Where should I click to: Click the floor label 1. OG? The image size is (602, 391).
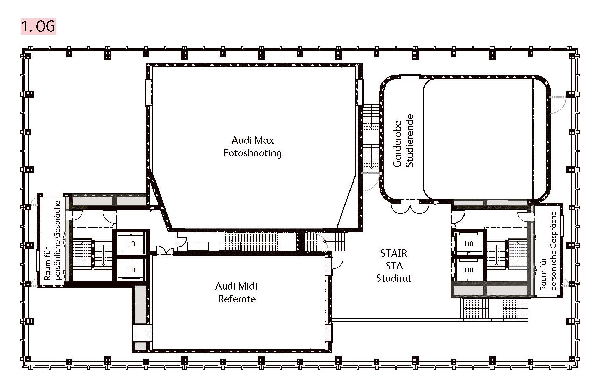(38, 27)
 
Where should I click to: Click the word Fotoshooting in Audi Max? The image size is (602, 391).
(253, 153)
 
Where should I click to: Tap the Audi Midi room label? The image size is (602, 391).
(236, 286)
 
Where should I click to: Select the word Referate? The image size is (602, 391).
(237, 299)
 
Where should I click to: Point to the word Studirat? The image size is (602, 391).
(394, 278)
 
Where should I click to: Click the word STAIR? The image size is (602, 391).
(394, 253)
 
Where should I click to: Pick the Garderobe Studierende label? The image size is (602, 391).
(403, 140)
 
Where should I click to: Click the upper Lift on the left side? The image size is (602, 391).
(131, 244)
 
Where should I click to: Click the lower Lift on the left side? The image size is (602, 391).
(131, 270)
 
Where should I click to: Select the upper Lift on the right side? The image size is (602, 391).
(469, 244)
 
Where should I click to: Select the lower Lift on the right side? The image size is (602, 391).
(469, 270)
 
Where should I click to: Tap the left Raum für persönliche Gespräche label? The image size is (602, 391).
(52, 240)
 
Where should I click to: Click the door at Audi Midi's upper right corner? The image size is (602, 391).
(338, 263)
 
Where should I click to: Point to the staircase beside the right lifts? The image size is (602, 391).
(507, 253)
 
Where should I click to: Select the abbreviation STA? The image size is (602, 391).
(394, 266)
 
